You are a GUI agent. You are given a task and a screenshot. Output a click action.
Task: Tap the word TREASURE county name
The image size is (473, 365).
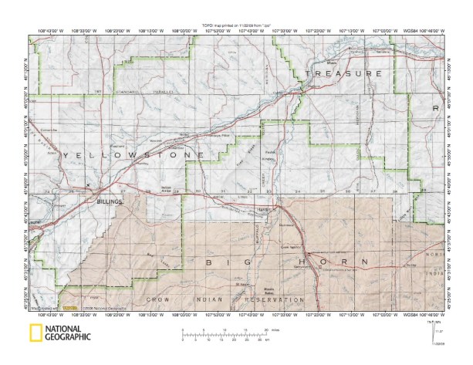click(344, 73)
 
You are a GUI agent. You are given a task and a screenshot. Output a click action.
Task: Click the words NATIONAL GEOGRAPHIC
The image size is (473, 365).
click(68, 333)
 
